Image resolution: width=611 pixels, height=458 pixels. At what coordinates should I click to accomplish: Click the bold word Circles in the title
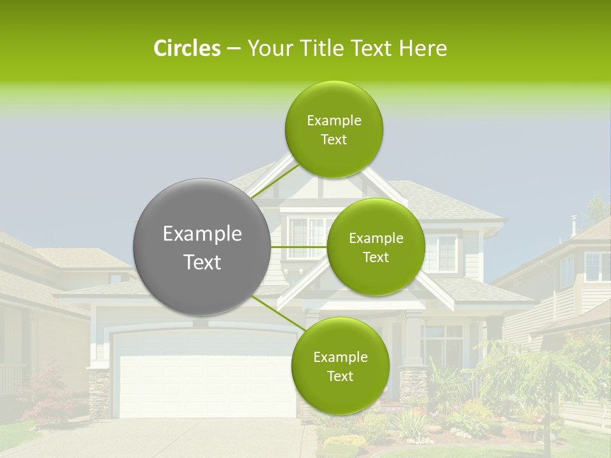pyautogui.click(x=186, y=48)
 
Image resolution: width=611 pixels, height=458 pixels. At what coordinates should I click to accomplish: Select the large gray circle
pyautogui.click(x=202, y=247)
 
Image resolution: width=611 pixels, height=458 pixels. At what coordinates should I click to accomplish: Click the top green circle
pyautogui.click(x=334, y=129)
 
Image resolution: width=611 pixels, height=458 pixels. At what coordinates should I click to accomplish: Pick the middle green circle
pyautogui.click(x=376, y=247)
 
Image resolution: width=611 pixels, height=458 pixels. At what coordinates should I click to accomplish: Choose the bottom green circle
pyautogui.click(x=340, y=366)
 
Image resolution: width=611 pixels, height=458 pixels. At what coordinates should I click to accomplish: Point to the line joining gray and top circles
pyautogui.click(x=275, y=181)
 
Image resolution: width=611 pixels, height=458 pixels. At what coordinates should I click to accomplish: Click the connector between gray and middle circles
pyautogui.click(x=299, y=247)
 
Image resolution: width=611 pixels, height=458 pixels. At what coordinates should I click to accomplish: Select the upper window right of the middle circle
pyautogui.click(x=441, y=250)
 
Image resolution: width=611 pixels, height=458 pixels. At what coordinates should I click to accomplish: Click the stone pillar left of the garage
pyautogui.click(x=99, y=392)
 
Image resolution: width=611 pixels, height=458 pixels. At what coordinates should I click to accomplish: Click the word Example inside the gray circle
pyautogui.click(x=202, y=234)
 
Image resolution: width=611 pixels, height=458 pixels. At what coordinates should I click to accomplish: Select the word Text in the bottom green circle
pyautogui.click(x=340, y=376)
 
